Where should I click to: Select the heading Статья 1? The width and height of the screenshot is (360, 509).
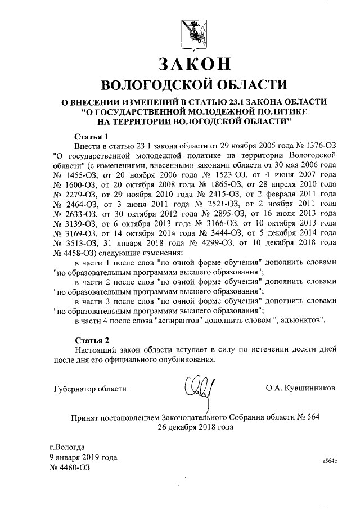click(x=91, y=137)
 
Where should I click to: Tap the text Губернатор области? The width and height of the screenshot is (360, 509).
click(x=90, y=388)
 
